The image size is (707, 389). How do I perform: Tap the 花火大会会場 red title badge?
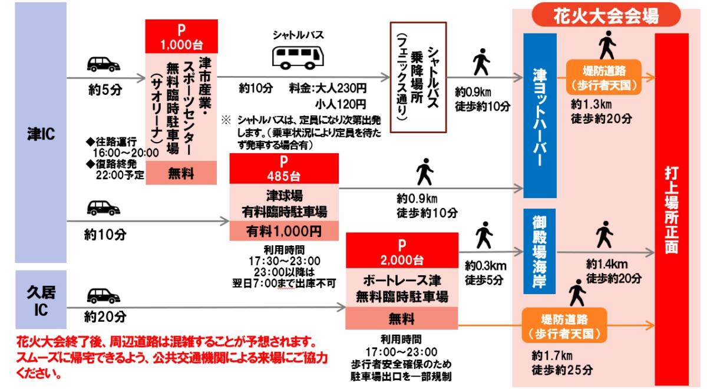click(606, 16)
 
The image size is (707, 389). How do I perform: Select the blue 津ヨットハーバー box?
click(540, 115)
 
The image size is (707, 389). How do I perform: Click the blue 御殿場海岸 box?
click(540, 251)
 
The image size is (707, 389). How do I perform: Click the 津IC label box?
click(41, 133)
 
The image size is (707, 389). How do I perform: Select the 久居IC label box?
click(41, 299)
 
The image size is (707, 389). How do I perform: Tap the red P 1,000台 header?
click(181, 37)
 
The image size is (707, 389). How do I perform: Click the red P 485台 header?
click(284, 168)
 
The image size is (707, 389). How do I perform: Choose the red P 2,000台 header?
click(401, 251)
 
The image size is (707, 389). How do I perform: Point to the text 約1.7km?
click(551, 355)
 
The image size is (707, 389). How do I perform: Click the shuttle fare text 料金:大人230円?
click(328, 88)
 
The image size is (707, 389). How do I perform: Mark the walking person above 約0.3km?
click(484, 235)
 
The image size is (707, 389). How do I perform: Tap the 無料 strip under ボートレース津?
click(401, 319)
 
